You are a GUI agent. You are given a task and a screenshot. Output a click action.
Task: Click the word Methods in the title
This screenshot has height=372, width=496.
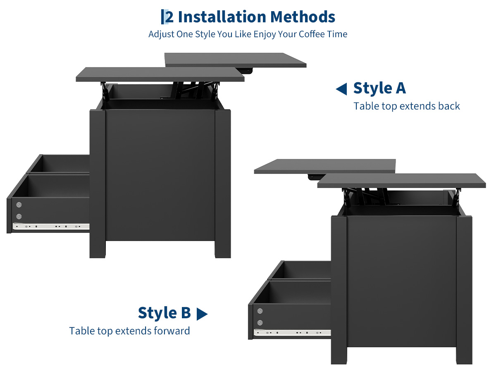303,17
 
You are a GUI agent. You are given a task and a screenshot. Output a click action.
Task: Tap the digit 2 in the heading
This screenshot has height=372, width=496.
169,17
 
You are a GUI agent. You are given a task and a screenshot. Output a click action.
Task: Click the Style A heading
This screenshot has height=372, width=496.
379,88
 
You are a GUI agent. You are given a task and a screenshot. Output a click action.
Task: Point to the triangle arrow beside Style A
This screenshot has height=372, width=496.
341,89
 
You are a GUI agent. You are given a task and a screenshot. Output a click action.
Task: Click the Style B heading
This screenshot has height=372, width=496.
164,313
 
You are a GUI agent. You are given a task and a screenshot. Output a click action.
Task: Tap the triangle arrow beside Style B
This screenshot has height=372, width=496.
202,314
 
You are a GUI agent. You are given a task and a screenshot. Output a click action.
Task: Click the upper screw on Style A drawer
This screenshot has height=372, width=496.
19,205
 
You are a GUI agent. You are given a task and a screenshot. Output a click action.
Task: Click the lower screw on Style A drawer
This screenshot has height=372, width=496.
19,216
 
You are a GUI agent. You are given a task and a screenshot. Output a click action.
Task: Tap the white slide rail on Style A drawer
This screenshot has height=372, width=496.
51,227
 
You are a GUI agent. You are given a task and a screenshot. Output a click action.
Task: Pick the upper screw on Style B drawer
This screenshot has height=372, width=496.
260,311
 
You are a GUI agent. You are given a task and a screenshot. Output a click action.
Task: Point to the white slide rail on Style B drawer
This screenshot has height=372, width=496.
292,333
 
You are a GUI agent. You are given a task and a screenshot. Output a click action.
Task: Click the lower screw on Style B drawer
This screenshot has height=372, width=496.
260,323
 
